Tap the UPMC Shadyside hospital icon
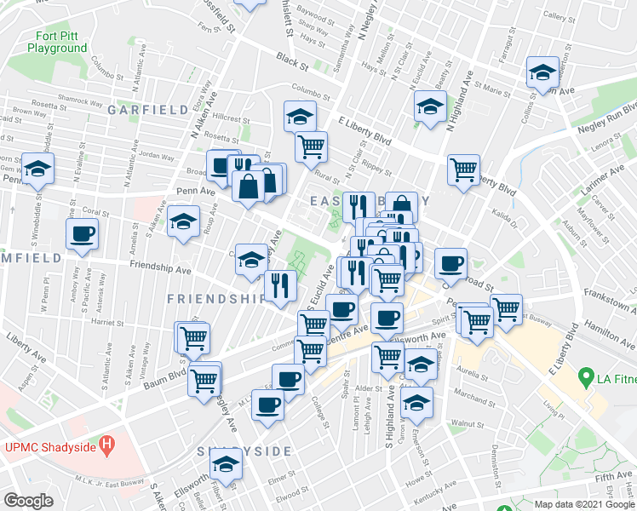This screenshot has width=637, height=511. [x=106, y=444]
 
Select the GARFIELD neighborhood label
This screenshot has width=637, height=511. [x=147, y=110]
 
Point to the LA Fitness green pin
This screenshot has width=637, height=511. [x=586, y=376]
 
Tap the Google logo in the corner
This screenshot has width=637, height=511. [x=28, y=500]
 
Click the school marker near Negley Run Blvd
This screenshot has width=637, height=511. [x=542, y=74]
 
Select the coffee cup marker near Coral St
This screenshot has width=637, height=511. [x=83, y=234]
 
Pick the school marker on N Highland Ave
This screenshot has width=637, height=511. [x=430, y=108]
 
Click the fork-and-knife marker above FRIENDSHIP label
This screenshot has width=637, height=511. [x=280, y=286]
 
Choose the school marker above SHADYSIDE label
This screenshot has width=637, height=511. [x=226, y=465]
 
